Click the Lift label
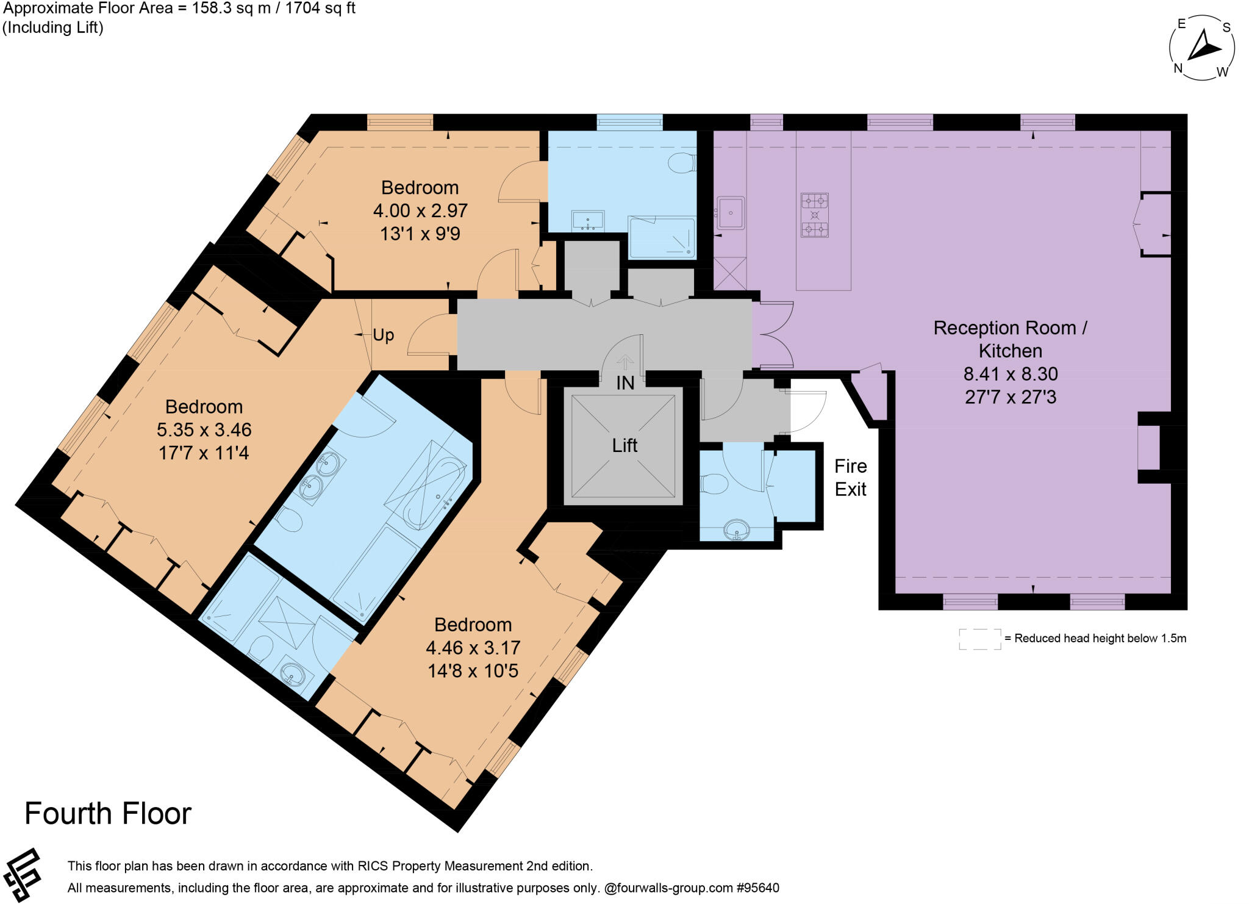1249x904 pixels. point(624,445)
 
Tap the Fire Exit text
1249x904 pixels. point(850,478)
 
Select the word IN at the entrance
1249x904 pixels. point(625,383)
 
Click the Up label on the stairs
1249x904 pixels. point(383,335)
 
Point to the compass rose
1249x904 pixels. point(1201,48)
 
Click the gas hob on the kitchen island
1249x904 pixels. point(814,215)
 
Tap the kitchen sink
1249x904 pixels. point(730,213)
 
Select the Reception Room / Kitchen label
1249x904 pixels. point(1010,339)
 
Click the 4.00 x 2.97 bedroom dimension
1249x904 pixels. point(420,210)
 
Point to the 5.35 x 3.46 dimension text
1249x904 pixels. point(204,430)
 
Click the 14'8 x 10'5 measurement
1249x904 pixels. point(473,671)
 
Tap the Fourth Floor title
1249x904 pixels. point(108,814)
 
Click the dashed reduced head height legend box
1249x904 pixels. point(979,639)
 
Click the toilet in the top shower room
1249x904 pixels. point(682,163)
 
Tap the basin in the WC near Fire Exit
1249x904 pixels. point(738,529)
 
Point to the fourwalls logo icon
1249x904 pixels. point(22,875)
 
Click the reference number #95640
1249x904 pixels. point(757,888)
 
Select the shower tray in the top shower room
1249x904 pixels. point(662,237)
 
